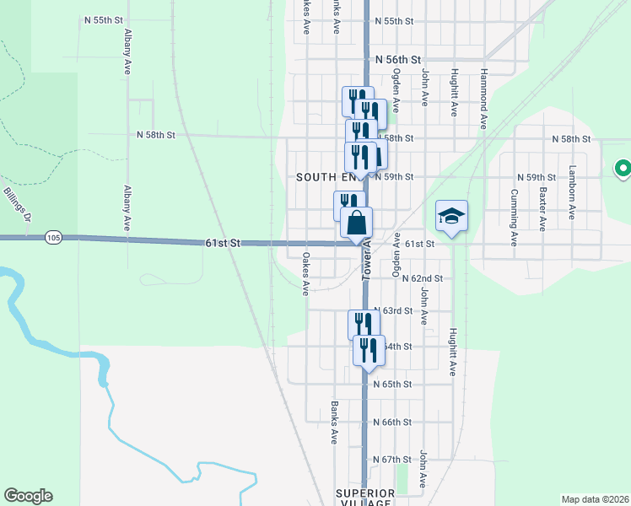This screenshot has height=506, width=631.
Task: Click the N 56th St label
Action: coord(397,59)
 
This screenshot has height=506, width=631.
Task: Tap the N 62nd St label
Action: coord(422,277)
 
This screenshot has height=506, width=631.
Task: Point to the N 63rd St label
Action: coord(393,310)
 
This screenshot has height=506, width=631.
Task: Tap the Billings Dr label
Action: coord(16,205)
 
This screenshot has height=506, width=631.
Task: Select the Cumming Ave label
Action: coord(513,210)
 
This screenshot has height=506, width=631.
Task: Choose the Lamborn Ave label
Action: coord(572,192)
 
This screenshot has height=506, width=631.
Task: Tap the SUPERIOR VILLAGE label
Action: coord(364,497)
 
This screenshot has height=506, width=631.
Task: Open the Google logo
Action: coord(28,496)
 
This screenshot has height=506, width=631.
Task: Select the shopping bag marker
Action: coord(357,223)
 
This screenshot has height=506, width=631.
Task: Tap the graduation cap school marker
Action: coord(451,215)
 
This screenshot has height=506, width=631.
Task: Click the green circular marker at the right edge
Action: coord(623,170)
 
